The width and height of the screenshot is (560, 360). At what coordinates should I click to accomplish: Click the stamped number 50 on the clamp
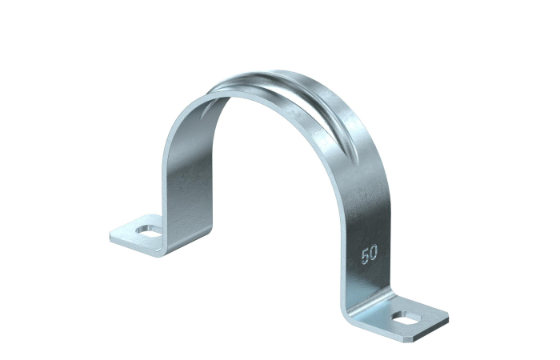[x=370, y=254]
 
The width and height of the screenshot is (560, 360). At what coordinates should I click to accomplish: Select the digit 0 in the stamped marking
[x=374, y=253]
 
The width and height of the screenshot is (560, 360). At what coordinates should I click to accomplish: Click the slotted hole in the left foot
[x=149, y=231]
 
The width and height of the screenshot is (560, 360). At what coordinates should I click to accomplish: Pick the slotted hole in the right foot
[x=406, y=318]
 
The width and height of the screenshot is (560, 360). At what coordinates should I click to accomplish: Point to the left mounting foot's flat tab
[x=138, y=234]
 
